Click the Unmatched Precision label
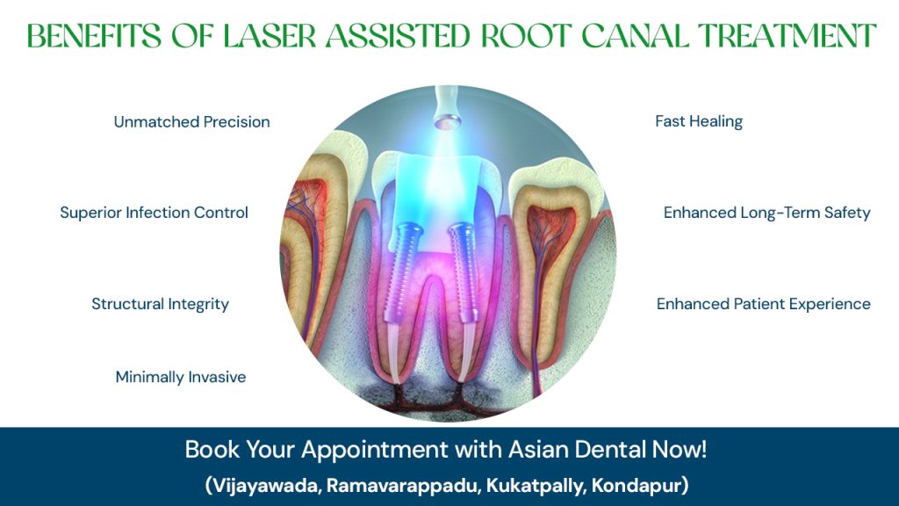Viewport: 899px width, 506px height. [191, 122]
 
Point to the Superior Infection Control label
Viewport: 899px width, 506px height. [154, 213]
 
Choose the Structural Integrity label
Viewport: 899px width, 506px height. [160, 304]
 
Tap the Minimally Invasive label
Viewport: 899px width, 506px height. [181, 377]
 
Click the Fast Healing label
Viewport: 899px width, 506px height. [699, 122]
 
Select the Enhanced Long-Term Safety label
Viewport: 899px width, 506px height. [766, 213]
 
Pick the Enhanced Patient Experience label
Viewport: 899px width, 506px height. [763, 304]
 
